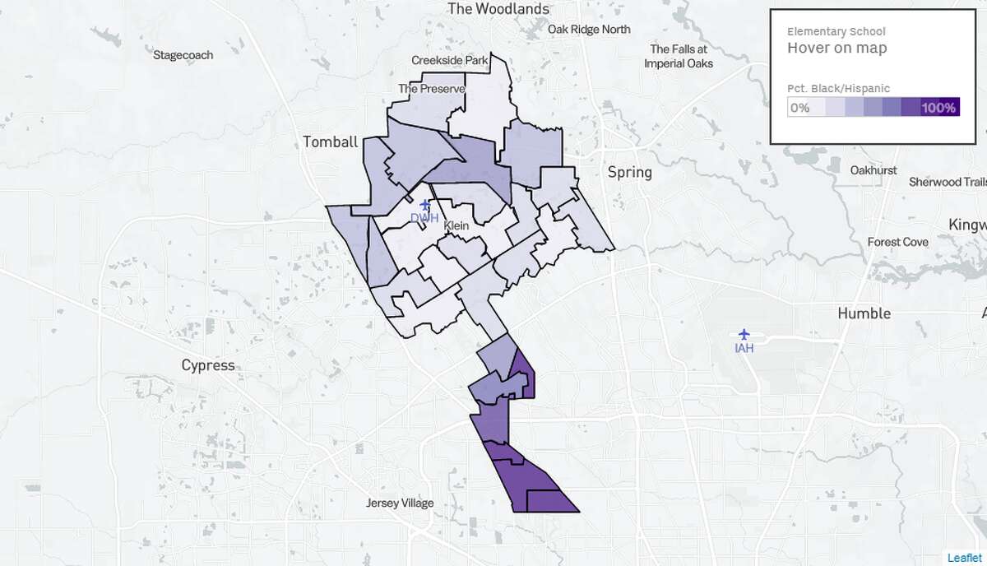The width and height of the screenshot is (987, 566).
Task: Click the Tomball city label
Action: pyautogui.click(x=331, y=141)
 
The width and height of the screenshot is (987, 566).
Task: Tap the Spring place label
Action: pyautogui.click(x=629, y=172)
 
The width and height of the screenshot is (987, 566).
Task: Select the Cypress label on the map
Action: pyautogui.click(x=208, y=365)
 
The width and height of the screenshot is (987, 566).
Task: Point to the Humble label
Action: pyautogui.click(x=864, y=313)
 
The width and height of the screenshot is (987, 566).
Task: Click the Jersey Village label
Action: pyautogui.click(x=400, y=503)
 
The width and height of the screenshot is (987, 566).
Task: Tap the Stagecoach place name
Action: pyautogui.click(x=183, y=55)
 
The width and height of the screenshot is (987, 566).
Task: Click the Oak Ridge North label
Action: pyautogui.click(x=589, y=30)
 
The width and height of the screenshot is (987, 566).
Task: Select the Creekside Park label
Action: pyautogui.click(x=450, y=60)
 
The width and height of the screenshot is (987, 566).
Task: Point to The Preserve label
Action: pyautogui.click(x=432, y=89)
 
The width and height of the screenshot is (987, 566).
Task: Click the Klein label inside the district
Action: pyautogui.click(x=457, y=225)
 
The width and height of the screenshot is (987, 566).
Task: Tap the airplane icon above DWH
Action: pyautogui.click(x=425, y=204)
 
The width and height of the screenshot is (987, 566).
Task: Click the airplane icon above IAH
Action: pyautogui.click(x=745, y=334)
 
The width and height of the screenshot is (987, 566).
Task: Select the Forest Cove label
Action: pyautogui.click(x=898, y=242)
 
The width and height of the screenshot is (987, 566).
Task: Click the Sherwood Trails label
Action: pyautogui.click(x=947, y=182)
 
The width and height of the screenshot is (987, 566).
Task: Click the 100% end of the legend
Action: pyautogui.click(x=938, y=108)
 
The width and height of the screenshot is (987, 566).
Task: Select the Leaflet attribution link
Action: pyautogui.click(x=965, y=558)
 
